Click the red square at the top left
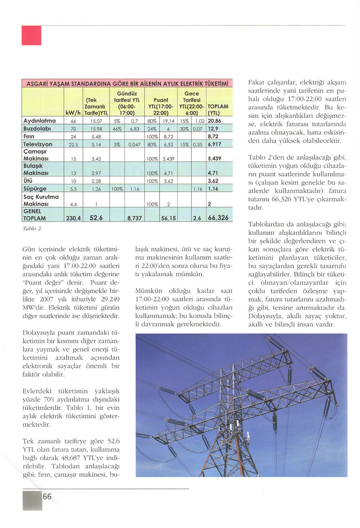point(32,36)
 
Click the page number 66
point(47,497)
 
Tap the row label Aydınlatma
point(40,120)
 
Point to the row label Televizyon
point(38,144)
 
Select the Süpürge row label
point(35,189)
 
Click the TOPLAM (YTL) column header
point(218,109)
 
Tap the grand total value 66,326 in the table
point(218,218)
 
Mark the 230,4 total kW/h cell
point(73,218)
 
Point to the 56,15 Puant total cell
point(168,218)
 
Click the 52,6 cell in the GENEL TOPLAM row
point(95,218)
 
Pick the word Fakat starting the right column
point(257,82)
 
